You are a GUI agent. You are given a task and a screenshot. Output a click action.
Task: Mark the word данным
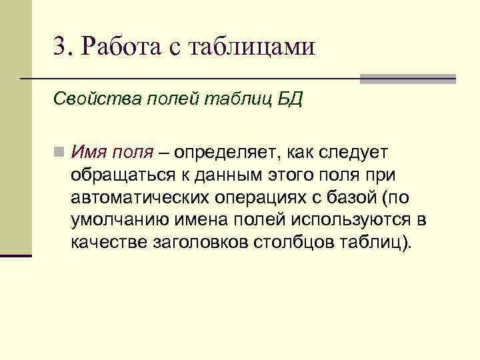(x=241, y=175)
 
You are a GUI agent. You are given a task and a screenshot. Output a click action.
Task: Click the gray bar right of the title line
(x=408, y=79)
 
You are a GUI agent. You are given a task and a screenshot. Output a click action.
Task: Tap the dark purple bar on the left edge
(x=16, y=255)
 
